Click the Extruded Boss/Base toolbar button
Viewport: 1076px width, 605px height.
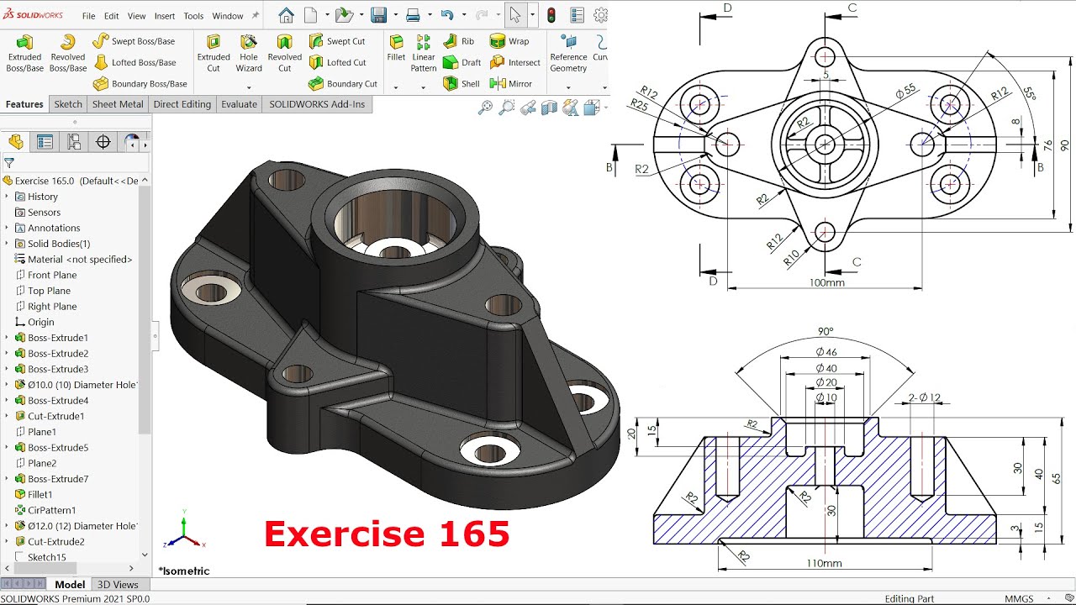[x=24, y=52]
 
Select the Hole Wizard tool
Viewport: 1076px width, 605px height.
[x=249, y=52]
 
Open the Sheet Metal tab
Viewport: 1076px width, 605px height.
[x=118, y=104]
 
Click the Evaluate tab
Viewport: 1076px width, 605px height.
[x=239, y=104]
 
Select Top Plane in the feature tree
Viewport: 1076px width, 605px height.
[x=49, y=291]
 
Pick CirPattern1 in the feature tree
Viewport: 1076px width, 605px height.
[x=51, y=510]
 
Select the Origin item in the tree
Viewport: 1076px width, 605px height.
[x=40, y=322]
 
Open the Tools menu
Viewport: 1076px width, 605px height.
[x=193, y=16]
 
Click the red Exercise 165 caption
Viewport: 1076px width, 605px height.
[x=387, y=534]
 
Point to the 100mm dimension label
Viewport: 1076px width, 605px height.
[x=826, y=283]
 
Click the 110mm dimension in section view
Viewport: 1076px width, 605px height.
[x=824, y=563]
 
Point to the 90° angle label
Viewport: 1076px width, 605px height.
[x=825, y=331]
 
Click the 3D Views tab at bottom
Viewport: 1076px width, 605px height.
[x=118, y=585]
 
